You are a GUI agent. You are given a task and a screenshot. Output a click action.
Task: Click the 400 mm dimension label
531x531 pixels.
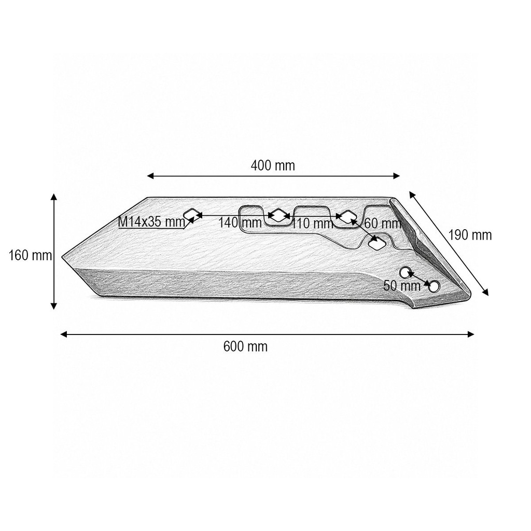[273, 165]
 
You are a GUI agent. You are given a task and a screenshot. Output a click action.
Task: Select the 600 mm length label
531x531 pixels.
[245, 347]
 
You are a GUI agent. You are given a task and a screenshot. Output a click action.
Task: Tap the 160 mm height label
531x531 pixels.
[31, 255]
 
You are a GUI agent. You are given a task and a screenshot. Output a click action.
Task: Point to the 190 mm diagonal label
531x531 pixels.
[470, 235]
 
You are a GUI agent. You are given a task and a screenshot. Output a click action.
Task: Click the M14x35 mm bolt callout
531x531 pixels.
[152, 222]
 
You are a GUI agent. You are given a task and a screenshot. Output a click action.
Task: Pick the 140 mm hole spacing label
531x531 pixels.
[240, 223]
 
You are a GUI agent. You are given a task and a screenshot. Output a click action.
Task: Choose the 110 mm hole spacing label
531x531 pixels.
[312, 223]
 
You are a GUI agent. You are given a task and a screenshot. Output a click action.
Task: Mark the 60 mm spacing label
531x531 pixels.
[383, 223]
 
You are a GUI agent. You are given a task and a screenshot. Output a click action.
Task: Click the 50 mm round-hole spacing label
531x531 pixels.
[402, 286]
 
